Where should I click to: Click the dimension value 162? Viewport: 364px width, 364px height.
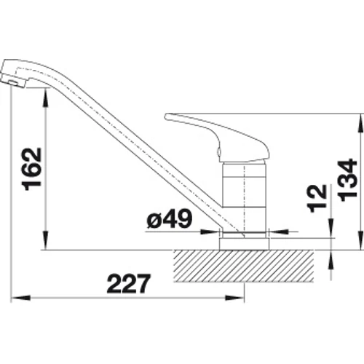[x=32, y=169]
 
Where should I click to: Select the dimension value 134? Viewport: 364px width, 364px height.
[x=347, y=180]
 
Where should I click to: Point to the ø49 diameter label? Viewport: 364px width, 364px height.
[x=170, y=218]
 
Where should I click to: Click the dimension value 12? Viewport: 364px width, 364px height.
[x=316, y=199]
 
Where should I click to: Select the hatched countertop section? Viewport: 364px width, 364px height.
[x=244, y=266]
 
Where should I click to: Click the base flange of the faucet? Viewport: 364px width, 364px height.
[x=244, y=244]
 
